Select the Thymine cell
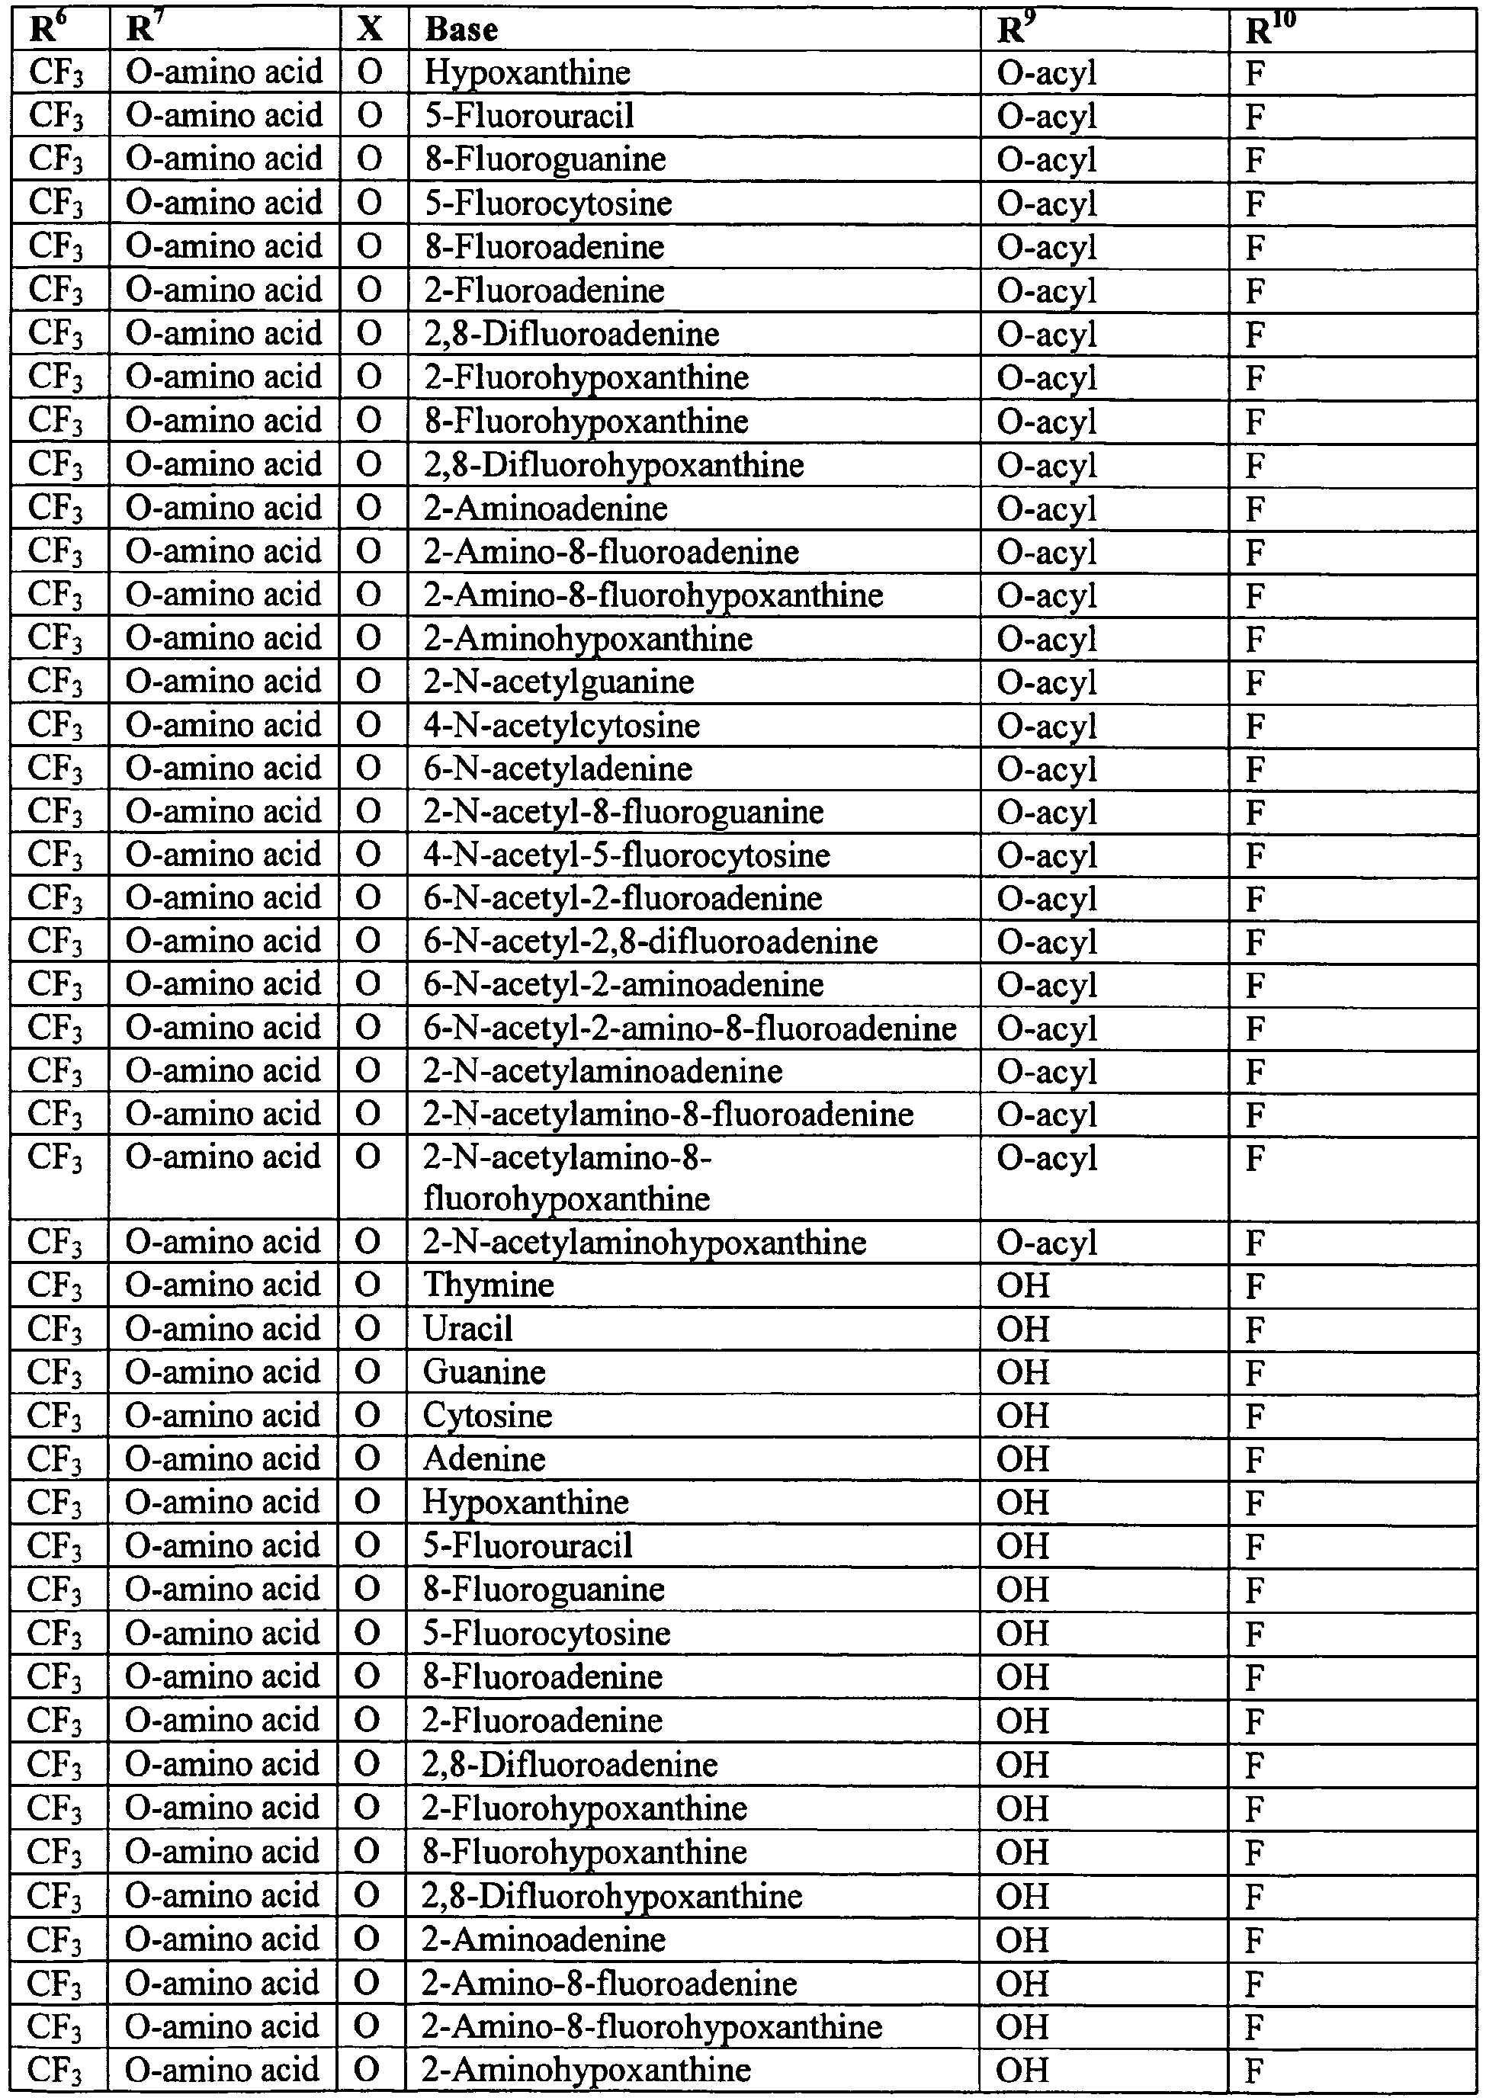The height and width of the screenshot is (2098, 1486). click(x=489, y=1285)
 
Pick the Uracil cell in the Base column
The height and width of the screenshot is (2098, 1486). click(x=467, y=1329)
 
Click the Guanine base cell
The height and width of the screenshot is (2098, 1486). click(x=484, y=1372)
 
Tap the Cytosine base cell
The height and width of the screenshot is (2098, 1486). click(x=488, y=1416)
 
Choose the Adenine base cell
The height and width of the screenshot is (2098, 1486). click(x=484, y=1458)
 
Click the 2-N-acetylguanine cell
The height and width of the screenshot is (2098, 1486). click(x=558, y=682)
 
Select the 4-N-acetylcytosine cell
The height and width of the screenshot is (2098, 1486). click(x=561, y=726)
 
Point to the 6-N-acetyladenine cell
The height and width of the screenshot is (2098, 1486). click(x=557, y=768)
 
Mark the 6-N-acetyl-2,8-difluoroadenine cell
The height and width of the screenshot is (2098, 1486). click(x=650, y=942)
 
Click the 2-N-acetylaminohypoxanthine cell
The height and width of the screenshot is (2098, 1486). click(x=644, y=1243)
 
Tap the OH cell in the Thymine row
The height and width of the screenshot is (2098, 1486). click(x=1022, y=1285)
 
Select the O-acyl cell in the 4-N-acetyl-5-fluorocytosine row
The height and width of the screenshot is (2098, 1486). click(x=1046, y=855)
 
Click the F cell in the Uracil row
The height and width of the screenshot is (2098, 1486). click(x=1256, y=1329)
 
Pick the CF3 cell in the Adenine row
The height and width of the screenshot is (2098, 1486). click(x=55, y=1458)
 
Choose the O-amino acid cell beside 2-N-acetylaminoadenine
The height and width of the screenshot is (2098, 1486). click(x=223, y=1070)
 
